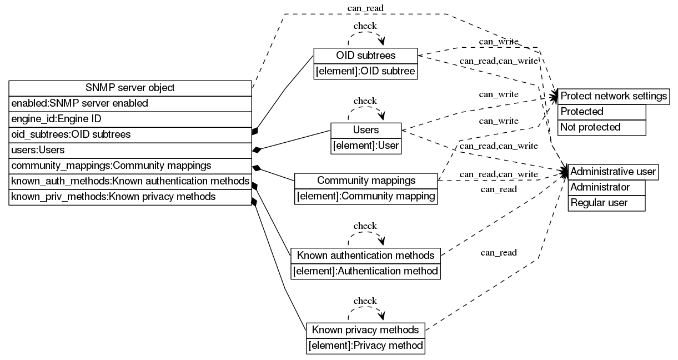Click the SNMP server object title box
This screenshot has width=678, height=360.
click(130, 88)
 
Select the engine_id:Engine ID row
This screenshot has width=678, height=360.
click(130, 119)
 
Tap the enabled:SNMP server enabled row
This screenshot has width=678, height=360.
click(130, 103)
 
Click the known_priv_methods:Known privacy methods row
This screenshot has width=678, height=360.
click(130, 197)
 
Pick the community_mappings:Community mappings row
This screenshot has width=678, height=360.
click(130, 166)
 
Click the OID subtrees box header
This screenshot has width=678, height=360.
click(365, 56)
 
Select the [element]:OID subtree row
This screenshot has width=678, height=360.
click(365, 71)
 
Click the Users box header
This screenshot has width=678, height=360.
click(365, 130)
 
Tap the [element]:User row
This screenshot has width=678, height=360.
click(365, 146)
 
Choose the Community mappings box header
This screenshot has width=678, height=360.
click(366, 181)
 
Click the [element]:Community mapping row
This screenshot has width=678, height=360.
click(366, 196)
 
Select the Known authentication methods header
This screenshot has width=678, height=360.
click(365, 256)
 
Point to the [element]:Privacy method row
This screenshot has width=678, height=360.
click(365, 346)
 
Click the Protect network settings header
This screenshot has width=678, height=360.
click(613, 96)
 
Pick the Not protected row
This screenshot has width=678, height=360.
click(602, 127)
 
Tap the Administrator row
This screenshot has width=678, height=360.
click(606, 187)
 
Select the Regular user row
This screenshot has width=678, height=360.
click(606, 203)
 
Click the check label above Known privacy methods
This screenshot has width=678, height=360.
click(365, 301)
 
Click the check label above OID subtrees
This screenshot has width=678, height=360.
click(365, 26)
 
